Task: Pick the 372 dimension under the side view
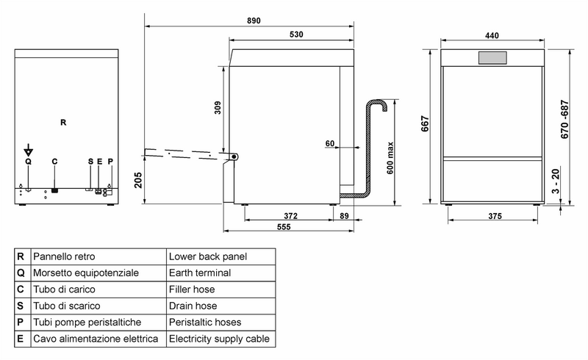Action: pyautogui.click(x=290, y=216)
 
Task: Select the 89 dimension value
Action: pyautogui.click(x=345, y=216)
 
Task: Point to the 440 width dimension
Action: pyautogui.click(x=492, y=35)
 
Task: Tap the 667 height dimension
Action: pyautogui.click(x=426, y=126)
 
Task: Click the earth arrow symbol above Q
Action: pyautogui.click(x=28, y=151)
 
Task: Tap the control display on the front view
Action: pyautogui.click(x=492, y=57)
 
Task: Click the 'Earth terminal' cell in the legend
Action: pyautogui.click(x=200, y=273)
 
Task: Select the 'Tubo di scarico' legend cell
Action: pyautogui.click(x=65, y=306)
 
